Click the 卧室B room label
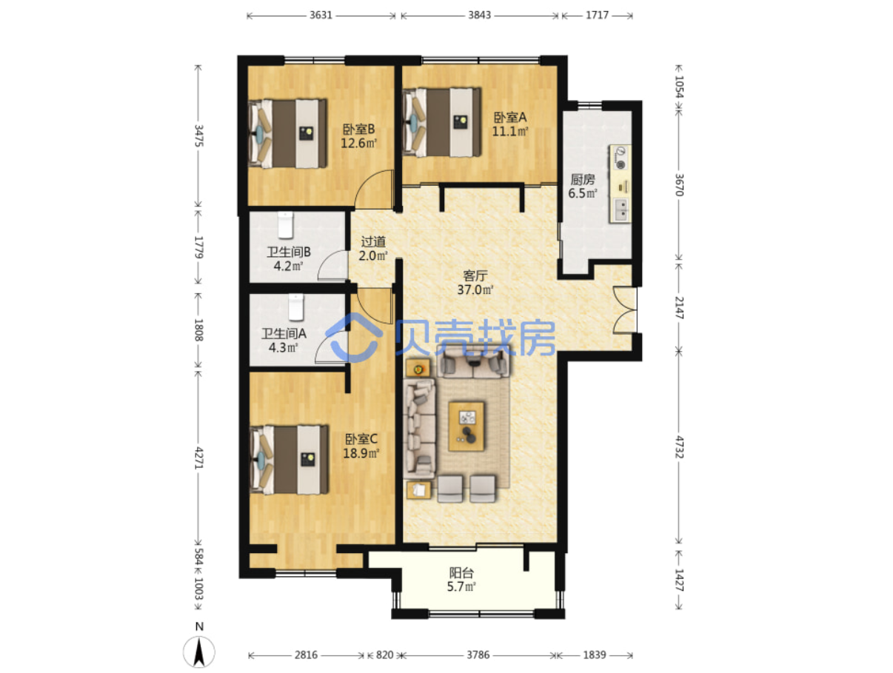click(358, 130)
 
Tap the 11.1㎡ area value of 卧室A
click(510, 131)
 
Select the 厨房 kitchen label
click(583, 179)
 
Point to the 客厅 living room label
click(475, 275)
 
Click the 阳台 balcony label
click(461, 573)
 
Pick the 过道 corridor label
click(373, 241)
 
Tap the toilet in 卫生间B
click(286, 225)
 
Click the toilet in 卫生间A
click(295, 307)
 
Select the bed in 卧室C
click(289, 460)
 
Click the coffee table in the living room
click(466, 426)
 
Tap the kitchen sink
click(620, 210)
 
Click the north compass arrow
click(199, 652)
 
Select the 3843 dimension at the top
click(479, 16)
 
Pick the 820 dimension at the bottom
click(384, 654)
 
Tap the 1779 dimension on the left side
click(198, 247)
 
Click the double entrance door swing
click(624, 310)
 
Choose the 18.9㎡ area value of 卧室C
click(361, 453)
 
